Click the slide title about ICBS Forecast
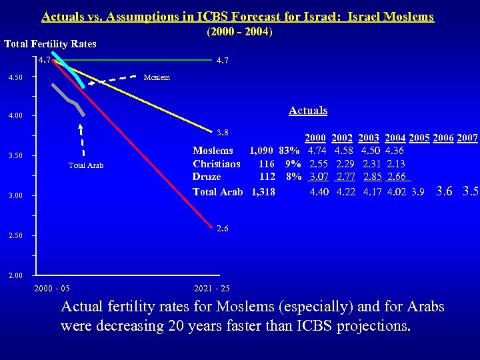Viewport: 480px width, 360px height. (x=237, y=17)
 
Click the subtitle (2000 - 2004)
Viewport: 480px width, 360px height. (x=240, y=31)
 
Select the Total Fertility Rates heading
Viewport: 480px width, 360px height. (x=50, y=44)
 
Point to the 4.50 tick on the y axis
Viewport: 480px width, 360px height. (x=14, y=77)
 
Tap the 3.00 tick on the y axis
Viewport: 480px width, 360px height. (x=14, y=196)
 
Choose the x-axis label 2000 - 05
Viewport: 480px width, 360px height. (x=52, y=289)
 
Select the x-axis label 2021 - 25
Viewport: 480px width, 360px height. (x=211, y=289)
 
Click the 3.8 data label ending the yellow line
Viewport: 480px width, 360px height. (x=223, y=132)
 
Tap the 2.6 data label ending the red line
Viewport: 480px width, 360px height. (x=223, y=229)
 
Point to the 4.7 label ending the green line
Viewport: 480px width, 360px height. (x=223, y=61)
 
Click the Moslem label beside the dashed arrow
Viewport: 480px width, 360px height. (x=157, y=77)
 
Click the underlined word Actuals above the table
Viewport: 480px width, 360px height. (x=308, y=111)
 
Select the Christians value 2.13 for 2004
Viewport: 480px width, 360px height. (x=395, y=164)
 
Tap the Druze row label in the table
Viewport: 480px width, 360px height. (x=207, y=177)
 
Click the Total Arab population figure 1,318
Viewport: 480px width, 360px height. (x=263, y=191)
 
